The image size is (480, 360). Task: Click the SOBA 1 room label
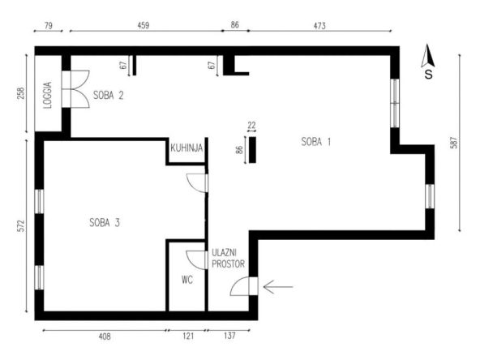316,142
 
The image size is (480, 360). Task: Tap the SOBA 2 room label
108,95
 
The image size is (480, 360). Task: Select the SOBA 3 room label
105,222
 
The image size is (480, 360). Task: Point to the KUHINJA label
186,148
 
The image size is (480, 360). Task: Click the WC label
187,280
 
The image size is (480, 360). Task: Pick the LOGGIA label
48,95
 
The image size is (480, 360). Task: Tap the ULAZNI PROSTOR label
228,259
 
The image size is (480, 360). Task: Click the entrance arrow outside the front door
278,287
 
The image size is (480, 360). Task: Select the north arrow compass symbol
427,62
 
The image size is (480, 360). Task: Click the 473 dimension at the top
319,26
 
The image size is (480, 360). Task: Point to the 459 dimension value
144,25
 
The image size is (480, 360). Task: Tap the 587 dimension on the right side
454,143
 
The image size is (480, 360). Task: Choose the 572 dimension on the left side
21,226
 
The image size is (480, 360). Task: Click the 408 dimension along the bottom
105,336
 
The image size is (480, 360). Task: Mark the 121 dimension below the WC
188,336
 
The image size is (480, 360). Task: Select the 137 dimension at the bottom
229,336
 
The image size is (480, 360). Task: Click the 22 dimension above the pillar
251,125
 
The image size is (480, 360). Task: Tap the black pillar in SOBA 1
252,150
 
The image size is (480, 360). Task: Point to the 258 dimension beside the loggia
21,94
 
